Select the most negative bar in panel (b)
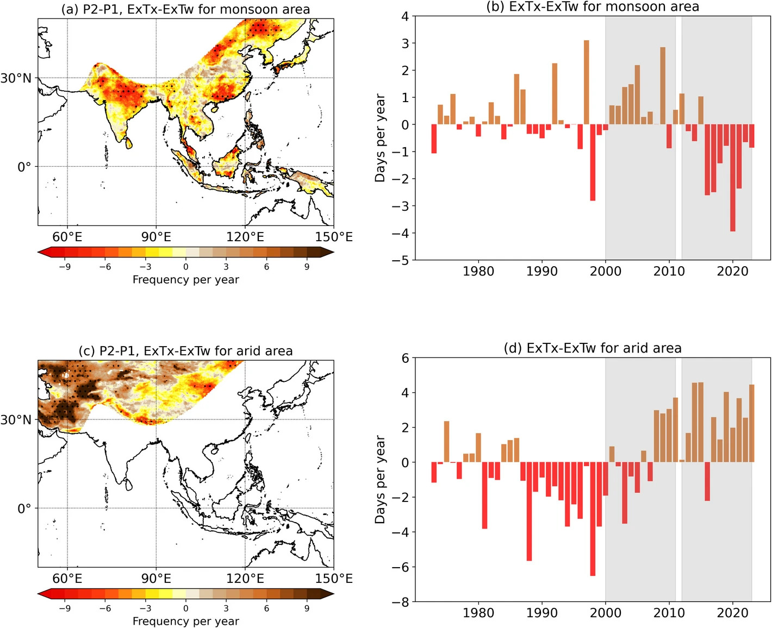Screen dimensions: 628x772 [x=733, y=178]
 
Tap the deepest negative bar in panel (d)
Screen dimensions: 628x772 [x=593, y=519]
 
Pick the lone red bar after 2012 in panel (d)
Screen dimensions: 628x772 [x=707, y=481]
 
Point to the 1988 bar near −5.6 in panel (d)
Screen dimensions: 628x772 [x=529, y=511]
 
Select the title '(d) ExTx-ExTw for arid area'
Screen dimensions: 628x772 [x=593, y=348]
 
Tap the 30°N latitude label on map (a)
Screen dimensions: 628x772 [x=16, y=78]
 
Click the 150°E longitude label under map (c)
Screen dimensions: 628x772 [x=334, y=579]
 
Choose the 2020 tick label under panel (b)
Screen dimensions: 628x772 [x=732, y=271]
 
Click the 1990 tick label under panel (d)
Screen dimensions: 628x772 [x=541, y=613]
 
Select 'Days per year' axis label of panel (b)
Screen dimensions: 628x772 [x=380, y=138]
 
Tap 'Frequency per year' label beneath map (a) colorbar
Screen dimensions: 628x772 [x=185, y=280]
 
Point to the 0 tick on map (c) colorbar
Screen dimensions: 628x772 [x=185, y=608]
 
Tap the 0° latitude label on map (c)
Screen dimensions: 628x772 [x=24, y=509]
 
